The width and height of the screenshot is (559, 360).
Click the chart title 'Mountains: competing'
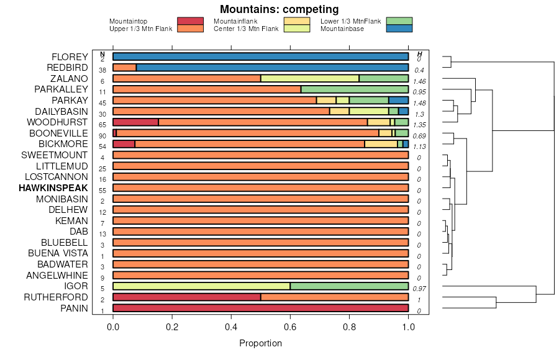point(279,9)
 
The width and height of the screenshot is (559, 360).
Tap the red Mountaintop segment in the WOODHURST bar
point(135,122)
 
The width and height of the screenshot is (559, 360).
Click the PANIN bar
point(260,308)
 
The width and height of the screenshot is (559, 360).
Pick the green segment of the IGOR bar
point(349,286)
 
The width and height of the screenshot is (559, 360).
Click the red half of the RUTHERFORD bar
point(186,297)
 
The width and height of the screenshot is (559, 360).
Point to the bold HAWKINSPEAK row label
point(53,188)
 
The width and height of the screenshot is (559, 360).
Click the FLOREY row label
point(70,57)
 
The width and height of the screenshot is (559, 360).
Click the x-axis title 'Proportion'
point(260,343)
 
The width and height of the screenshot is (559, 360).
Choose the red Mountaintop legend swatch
point(190,22)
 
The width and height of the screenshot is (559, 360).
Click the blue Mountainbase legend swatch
point(399,29)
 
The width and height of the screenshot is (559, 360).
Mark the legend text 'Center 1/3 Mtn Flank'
point(245,29)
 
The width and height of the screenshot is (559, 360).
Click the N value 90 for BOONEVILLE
point(102,136)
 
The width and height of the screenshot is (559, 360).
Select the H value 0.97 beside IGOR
point(420,289)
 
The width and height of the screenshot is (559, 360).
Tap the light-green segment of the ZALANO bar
point(310,79)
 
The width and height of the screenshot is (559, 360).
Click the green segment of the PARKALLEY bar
point(354,89)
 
